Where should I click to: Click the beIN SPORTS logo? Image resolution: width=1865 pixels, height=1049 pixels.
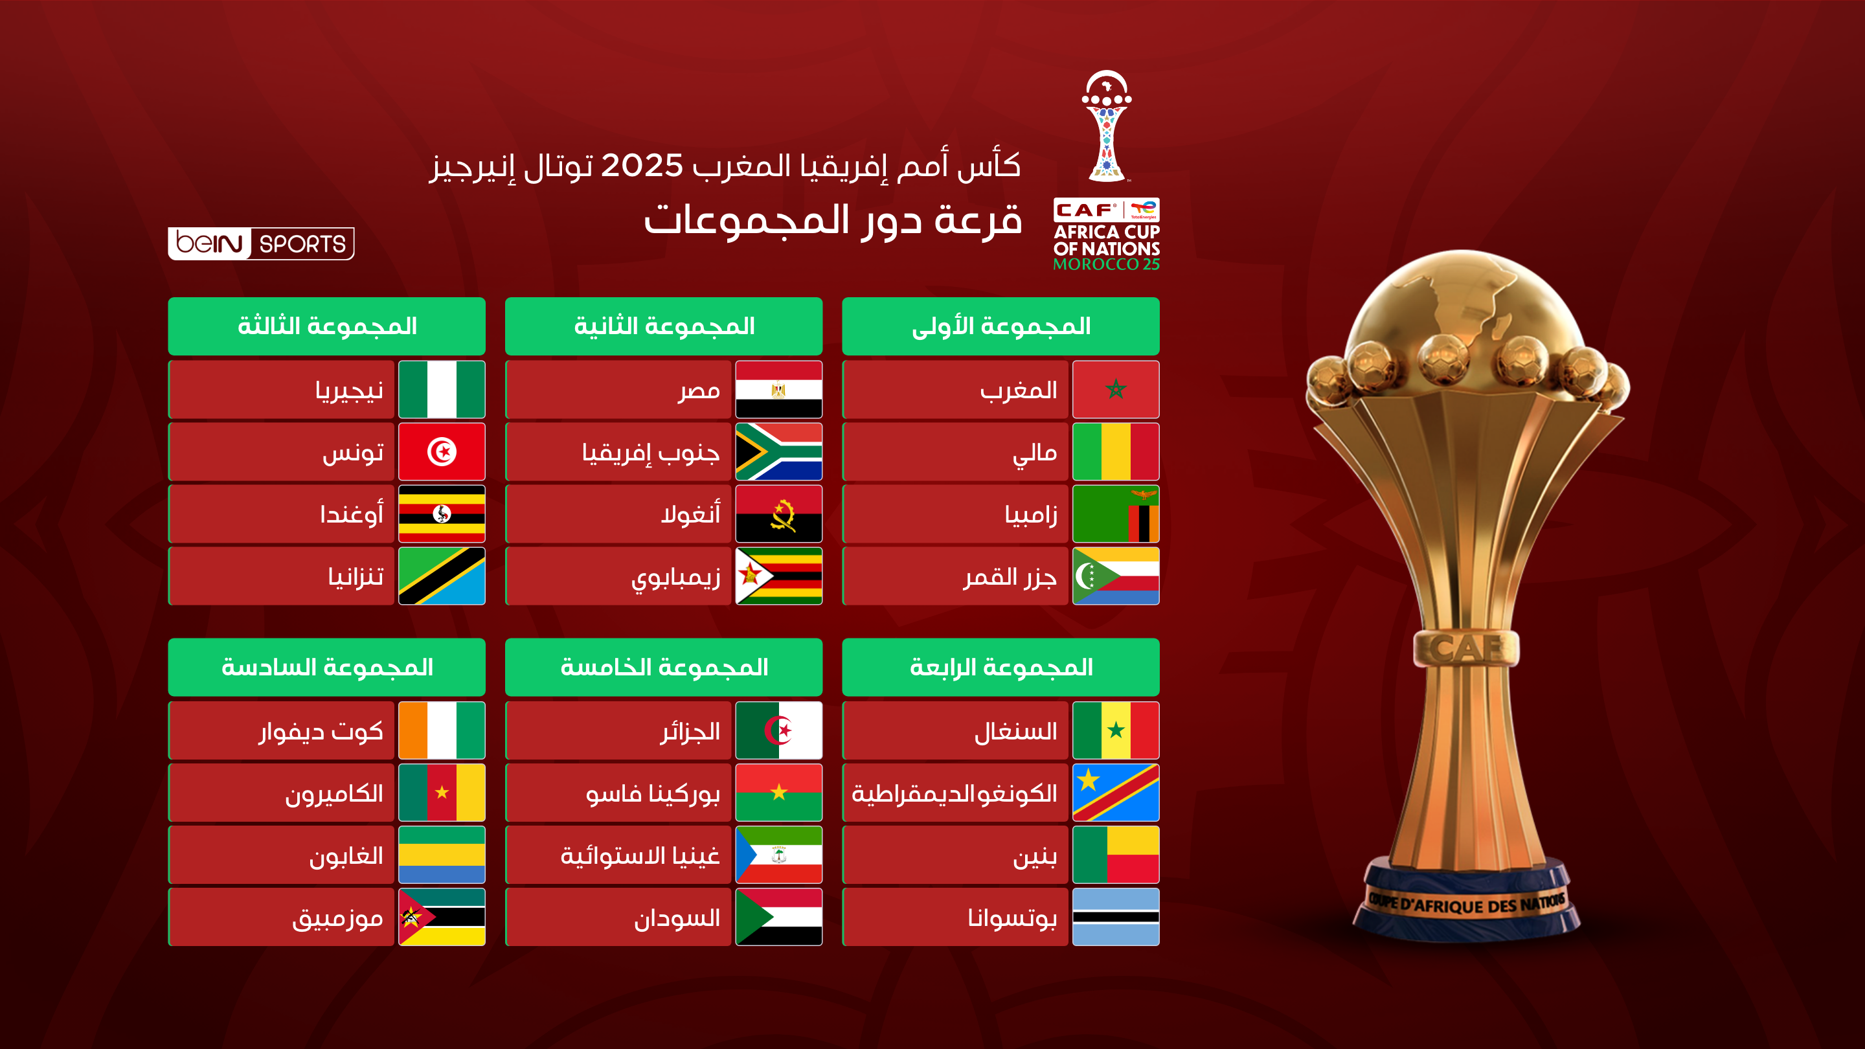(x=260, y=243)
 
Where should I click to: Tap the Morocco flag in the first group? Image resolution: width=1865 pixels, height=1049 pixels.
(x=1115, y=389)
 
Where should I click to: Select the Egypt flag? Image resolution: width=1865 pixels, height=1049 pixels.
(x=778, y=389)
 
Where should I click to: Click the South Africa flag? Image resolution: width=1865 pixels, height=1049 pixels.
(x=778, y=452)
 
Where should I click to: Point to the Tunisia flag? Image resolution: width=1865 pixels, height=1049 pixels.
(x=442, y=452)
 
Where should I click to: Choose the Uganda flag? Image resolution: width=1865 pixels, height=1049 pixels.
(x=442, y=514)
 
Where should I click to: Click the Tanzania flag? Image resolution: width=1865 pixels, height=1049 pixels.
(x=442, y=576)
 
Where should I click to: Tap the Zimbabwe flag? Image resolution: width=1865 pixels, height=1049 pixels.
(x=778, y=576)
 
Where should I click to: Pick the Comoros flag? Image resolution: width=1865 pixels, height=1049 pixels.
(x=1115, y=576)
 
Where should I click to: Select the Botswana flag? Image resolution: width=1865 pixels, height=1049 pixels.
(x=1115, y=918)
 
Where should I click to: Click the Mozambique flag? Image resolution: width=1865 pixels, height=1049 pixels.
(x=442, y=918)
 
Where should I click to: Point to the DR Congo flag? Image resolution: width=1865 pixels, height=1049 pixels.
(x=1115, y=793)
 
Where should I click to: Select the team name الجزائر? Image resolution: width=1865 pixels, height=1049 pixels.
(x=690, y=732)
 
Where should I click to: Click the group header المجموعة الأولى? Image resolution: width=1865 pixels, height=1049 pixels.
(x=1000, y=326)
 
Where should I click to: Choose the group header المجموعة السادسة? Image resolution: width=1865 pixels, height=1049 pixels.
(x=326, y=668)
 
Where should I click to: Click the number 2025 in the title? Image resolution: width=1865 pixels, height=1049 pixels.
(x=642, y=166)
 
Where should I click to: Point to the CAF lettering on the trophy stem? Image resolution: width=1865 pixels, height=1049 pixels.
(x=1465, y=648)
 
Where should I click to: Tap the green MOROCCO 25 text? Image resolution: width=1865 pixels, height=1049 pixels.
(x=1105, y=264)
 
